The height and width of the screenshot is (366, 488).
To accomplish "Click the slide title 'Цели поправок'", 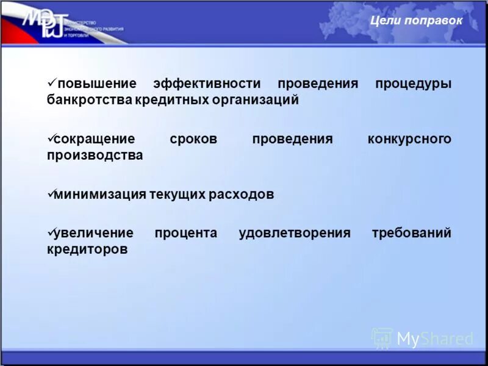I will (x=417, y=21).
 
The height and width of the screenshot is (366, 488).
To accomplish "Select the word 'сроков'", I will (x=193, y=139).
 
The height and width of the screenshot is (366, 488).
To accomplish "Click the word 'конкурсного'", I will (x=409, y=139).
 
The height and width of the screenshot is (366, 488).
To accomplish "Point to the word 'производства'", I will (x=95, y=155).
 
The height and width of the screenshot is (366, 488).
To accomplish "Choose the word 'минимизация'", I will (x=100, y=195).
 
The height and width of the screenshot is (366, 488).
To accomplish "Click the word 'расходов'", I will (x=243, y=195).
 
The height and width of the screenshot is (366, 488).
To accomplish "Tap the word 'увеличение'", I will (x=93, y=233).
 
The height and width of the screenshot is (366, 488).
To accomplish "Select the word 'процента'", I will (x=185, y=233).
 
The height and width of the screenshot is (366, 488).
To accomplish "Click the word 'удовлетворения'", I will (x=295, y=233).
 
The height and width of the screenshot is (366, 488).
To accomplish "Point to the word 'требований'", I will (x=412, y=233).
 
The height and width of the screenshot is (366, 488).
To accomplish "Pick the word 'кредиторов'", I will (x=87, y=249).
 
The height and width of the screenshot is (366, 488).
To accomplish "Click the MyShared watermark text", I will (x=434, y=339).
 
